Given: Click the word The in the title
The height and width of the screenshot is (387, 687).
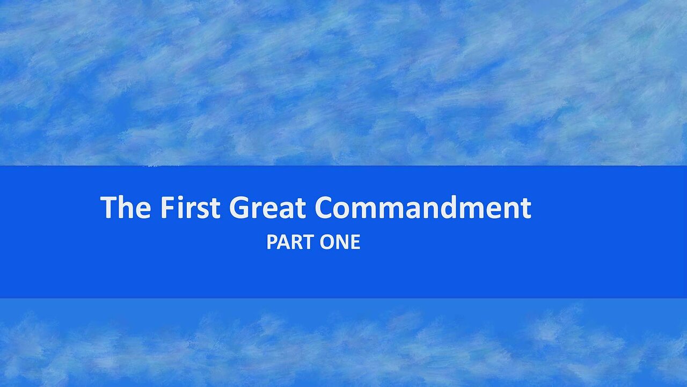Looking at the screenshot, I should (125, 207).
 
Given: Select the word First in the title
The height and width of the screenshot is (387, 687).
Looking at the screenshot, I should (190, 207).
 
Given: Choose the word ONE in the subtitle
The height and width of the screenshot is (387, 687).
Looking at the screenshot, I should (340, 243).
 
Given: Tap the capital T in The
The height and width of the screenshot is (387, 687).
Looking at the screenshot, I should (109, 207).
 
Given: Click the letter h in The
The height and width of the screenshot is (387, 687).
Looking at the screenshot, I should (128, 207).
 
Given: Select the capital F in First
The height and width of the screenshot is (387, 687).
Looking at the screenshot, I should (167, 207).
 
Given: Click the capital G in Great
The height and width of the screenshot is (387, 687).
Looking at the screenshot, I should (240, 207).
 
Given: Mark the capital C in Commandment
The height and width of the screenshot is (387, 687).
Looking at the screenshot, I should (326, 207).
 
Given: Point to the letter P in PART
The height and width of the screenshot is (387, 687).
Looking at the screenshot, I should (272, 243).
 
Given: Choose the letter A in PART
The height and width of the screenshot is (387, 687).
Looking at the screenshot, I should (284, 243).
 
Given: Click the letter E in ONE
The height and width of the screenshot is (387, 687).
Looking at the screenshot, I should (355, 243).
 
